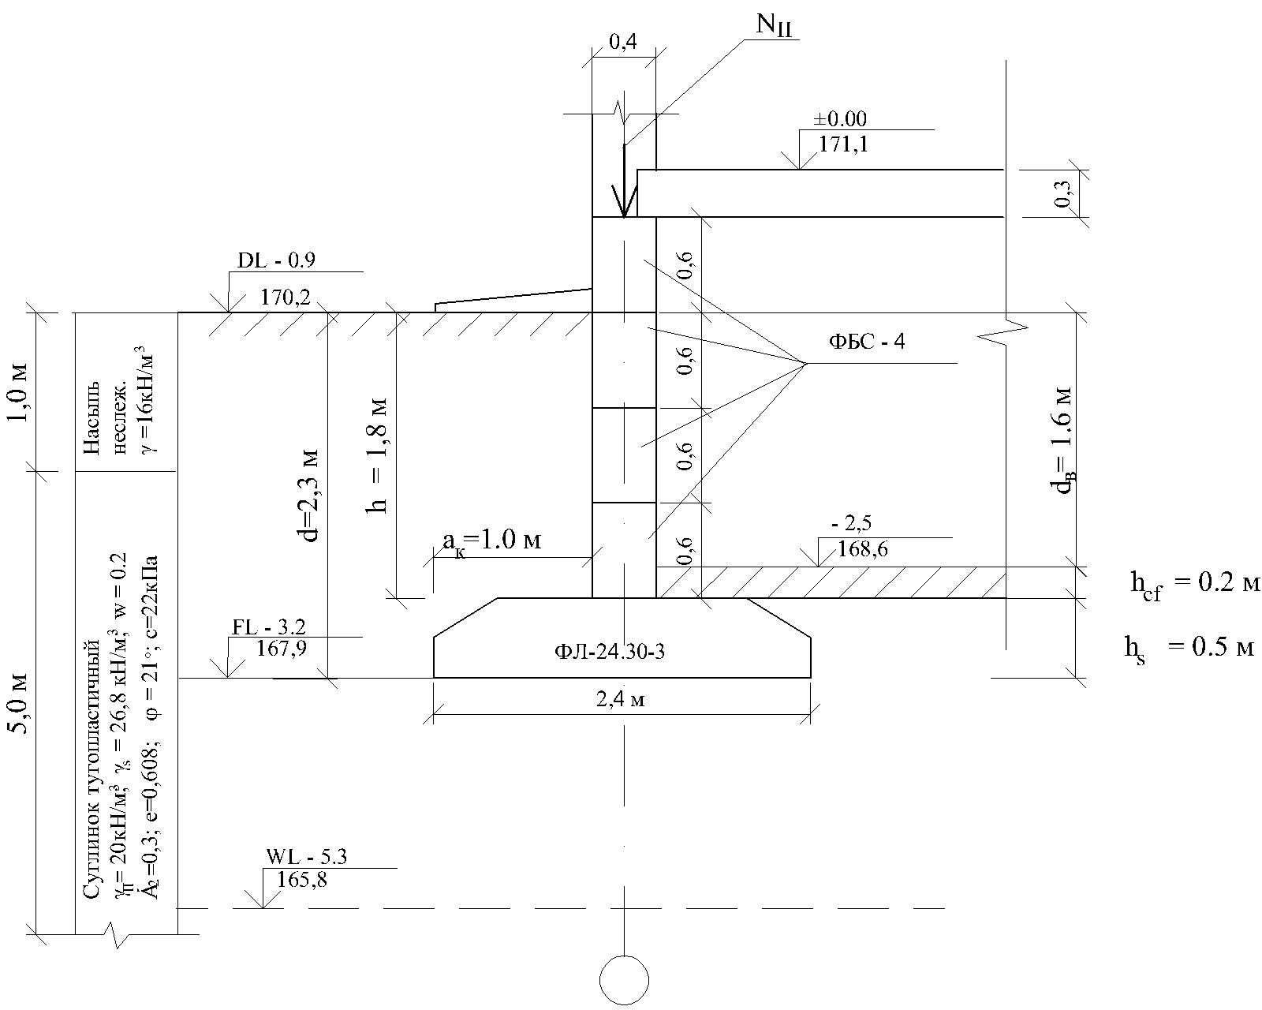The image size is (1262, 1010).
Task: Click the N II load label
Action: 774,25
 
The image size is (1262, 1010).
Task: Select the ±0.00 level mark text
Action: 840,119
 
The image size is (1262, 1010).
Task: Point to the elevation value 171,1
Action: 843,144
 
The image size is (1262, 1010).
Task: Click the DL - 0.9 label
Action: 276,260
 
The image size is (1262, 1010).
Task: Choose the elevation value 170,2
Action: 286,297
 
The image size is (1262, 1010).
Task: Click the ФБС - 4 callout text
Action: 867,341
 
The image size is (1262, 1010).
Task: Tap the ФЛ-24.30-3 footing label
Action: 609,652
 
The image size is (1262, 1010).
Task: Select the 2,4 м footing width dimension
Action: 621,699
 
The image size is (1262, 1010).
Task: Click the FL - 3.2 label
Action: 269,627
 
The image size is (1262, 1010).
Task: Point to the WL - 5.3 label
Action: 307,857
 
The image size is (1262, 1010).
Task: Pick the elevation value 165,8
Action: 302,880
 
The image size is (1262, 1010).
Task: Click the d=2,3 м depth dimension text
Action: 310,496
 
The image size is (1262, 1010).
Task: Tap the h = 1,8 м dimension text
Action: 376,457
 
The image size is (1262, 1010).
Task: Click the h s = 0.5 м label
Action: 1189,649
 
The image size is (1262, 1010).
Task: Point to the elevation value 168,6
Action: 862,549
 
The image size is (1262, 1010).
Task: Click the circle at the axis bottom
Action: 624,980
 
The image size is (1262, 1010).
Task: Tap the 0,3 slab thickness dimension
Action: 1062,193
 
